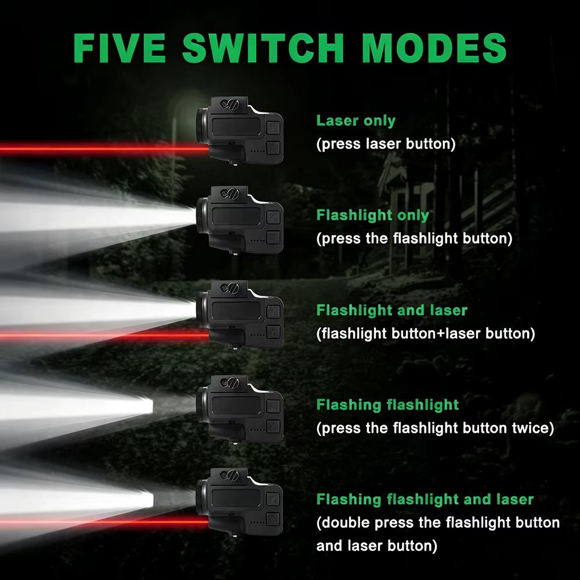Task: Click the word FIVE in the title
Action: (119, 48)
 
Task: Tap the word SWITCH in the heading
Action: (264, 48)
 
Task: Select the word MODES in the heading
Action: (434, 48)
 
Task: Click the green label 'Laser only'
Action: (356, 121)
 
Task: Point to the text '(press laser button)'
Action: (386, 144)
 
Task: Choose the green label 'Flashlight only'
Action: (372, 215)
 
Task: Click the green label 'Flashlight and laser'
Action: (391, 310)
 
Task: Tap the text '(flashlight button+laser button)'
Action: (425, 333)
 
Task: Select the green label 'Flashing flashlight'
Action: (387, 405)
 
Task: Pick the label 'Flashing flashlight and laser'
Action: (425, 499)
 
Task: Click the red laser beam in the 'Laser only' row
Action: (104, 148)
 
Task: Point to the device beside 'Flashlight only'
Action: (240, 220)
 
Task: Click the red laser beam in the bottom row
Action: (104, 521)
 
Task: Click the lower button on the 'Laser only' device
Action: (273, 148)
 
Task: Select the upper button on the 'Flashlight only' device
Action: (273, 217)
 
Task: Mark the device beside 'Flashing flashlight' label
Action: (240, 409)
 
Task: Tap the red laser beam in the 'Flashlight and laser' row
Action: (104, 335)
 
